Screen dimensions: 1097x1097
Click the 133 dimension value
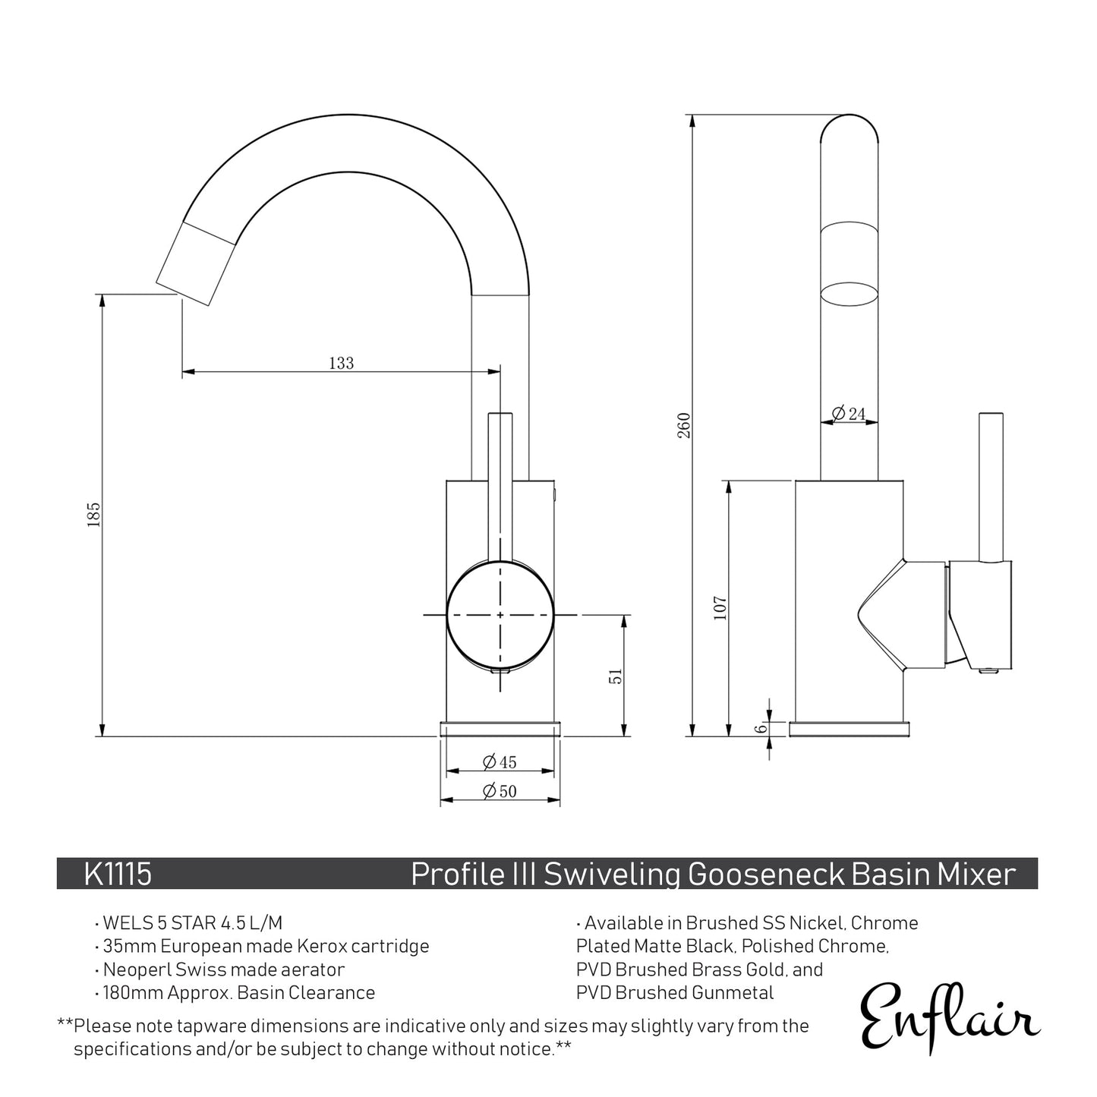(341, 363)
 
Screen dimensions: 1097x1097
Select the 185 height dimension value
(93, 515)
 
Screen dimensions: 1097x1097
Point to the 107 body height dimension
(720, 607)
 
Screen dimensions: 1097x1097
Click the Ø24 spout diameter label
(849, 414)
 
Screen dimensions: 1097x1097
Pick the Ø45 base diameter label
(500, 761)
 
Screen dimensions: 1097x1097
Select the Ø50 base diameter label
(500, 791)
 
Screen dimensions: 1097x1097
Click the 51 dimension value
(616, 676)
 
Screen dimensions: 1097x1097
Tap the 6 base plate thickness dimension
(760, 728)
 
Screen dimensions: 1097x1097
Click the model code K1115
(118, 874)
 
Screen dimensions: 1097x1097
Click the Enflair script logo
(949, 1016)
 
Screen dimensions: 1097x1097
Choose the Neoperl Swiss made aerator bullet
(223, 969)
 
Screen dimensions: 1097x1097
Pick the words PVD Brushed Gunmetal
(675, 992)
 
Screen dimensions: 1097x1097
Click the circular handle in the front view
(500, 614)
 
